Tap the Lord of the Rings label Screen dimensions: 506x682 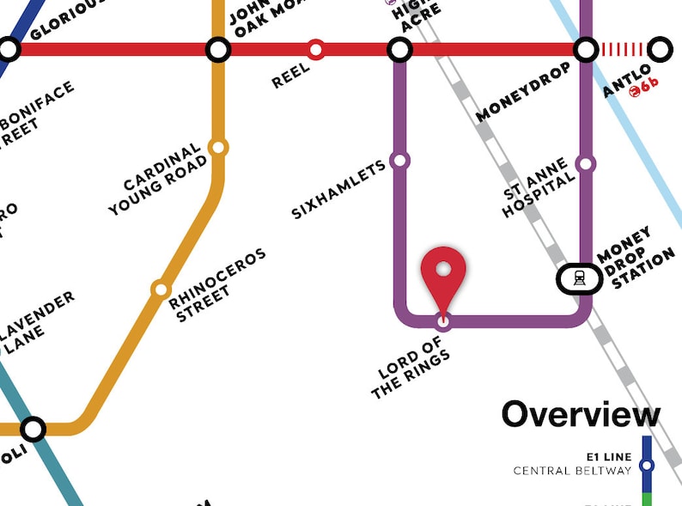(x=412, y=369)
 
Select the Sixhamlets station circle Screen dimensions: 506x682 (x=399, y=160)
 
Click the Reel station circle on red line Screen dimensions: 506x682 (x=316, y=49)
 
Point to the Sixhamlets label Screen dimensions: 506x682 (x=338, y=191)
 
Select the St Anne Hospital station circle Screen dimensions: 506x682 (x=586, y=163)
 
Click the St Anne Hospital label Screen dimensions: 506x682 (x=539, y=188)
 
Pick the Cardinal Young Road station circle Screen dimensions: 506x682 (x=218, y=147)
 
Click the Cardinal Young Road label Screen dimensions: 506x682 (x=157, y=182)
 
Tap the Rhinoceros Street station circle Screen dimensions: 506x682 (x=160, y=290)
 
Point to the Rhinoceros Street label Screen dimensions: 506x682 (x=217, y=286)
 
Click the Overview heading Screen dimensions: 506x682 (x=581, y=414)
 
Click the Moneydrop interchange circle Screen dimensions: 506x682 (x=587, y=49)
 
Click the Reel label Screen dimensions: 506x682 (x=290, y=76)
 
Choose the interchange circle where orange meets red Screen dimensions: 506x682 (x=218, y=49)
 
